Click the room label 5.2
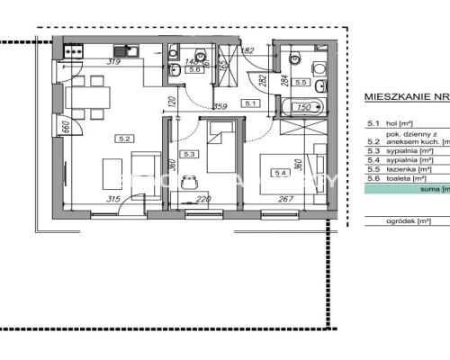[x=124, y=139]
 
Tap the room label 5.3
[x=188, y=154]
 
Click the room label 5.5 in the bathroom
[x=301, y=82]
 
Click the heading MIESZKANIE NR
[x=405, y=94]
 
